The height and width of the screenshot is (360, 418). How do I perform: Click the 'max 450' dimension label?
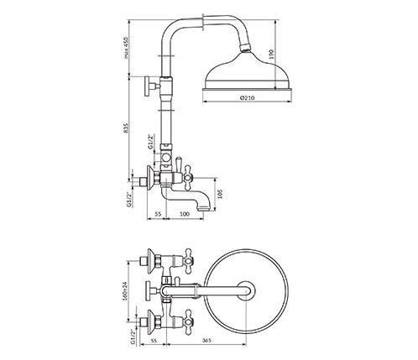click(126, 48)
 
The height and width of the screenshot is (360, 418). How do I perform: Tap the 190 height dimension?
click(271, 55)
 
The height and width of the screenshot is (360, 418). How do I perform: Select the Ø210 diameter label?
click(247, 98)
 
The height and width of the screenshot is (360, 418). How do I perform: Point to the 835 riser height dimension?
click(126, 128)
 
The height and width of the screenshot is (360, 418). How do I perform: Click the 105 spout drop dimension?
click(220, 194)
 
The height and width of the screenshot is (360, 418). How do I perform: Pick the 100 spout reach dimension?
click(185, 214)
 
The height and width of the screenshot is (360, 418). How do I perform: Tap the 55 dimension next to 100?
click(158, 214)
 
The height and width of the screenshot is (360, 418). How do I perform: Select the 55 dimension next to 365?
click(153, 341)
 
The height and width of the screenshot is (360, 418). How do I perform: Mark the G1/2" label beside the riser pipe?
click(151, 142)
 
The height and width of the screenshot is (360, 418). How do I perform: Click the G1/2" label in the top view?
click(133, 337)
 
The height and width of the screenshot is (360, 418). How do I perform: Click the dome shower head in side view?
click(248, 71)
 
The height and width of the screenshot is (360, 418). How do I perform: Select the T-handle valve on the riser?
click(153, 86)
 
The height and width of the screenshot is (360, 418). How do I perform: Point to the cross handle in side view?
click(188, 176)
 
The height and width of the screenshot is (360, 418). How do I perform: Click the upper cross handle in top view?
click(188, 261)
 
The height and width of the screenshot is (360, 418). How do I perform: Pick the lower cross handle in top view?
click(188, 321)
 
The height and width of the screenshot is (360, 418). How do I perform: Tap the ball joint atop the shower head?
click(246, 48)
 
